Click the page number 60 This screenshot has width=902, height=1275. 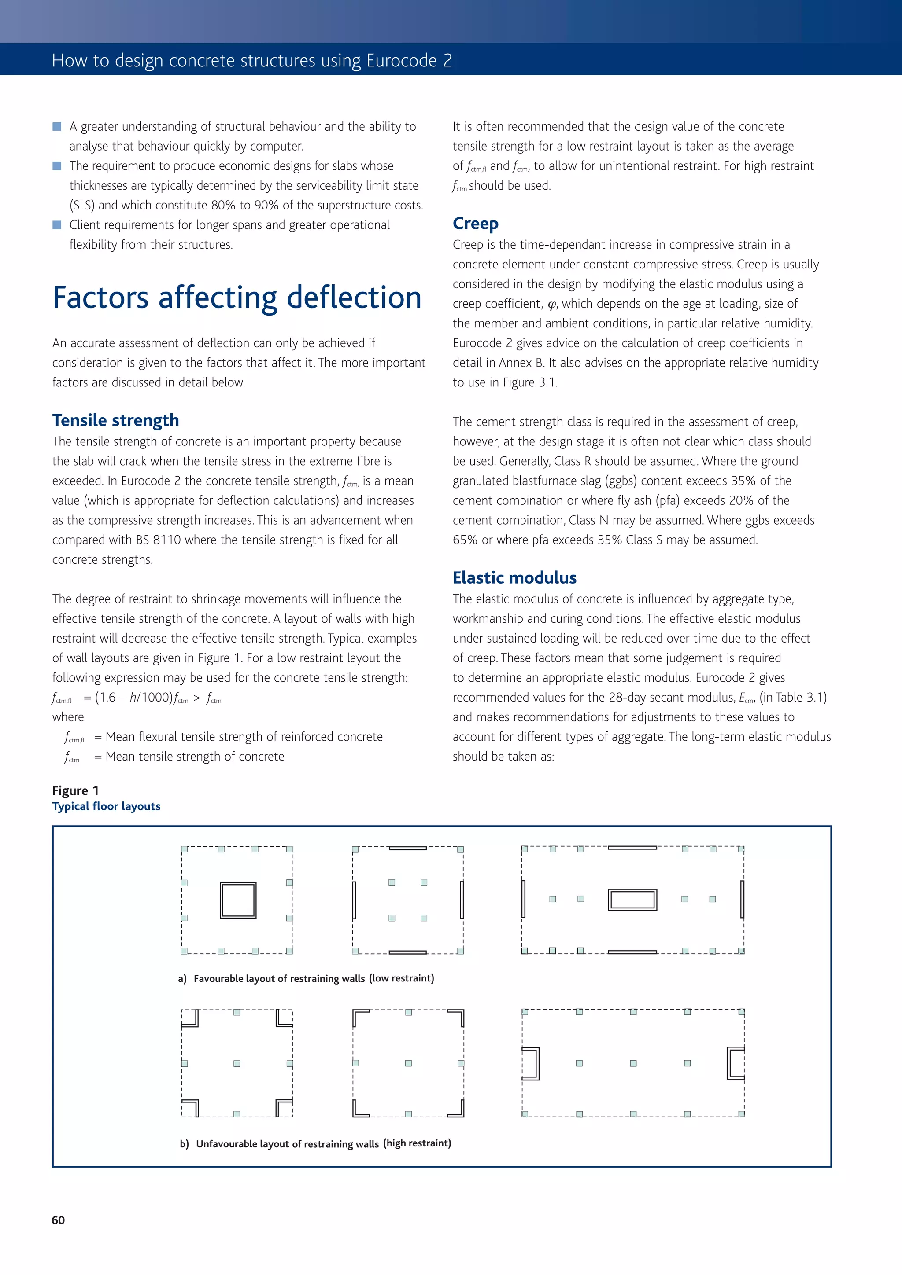[x=58, y=1220]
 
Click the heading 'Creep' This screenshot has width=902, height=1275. [x=475, y=223]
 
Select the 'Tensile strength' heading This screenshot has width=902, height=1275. [x=115, y=420]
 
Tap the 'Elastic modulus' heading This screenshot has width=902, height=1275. [x=514, y=577]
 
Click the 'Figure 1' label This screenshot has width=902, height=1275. [x=76, y=790]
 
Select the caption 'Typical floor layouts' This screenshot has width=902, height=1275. [x=106, y=806]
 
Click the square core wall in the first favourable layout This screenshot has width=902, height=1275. [x=238, y=900]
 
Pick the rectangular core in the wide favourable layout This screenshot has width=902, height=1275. [x=632, y=900]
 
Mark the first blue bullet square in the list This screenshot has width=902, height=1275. [x=57, y=127]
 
